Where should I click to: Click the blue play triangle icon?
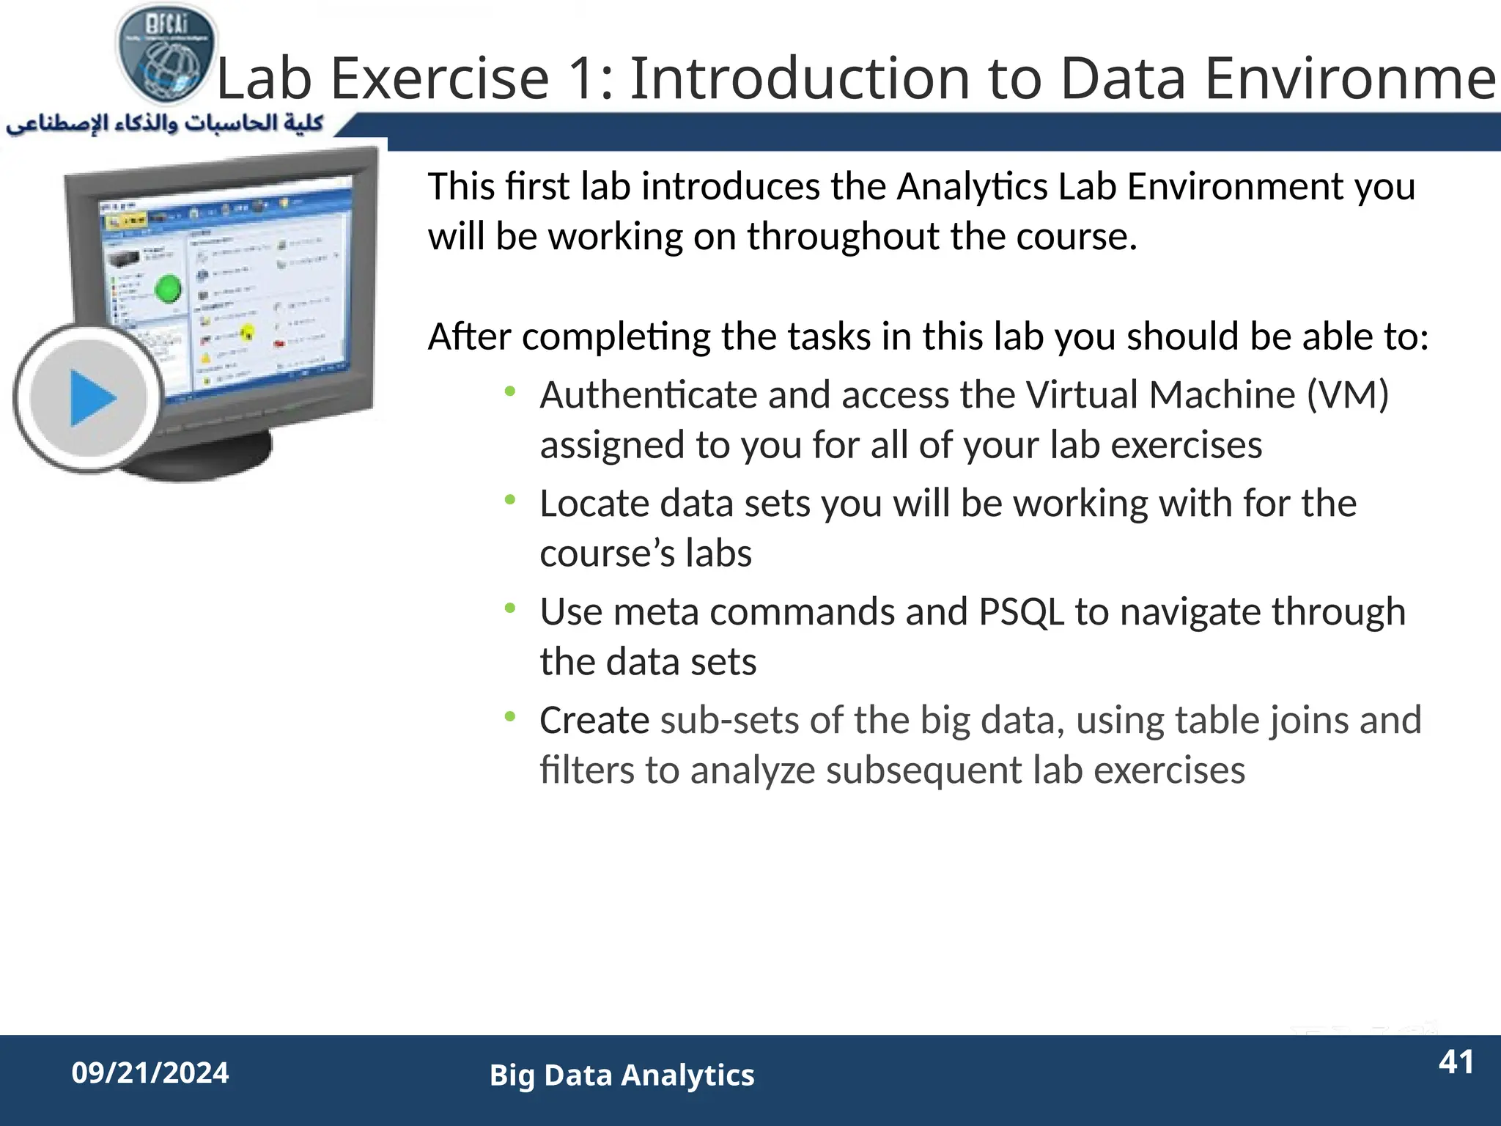[x=91, y=398]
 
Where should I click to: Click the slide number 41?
[x=1456, y=1062]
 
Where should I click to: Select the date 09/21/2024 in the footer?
[x=150, y=1073]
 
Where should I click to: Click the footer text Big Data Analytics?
[x=622, y=1075]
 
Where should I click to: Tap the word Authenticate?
[x=648, y=395]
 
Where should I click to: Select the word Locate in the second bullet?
[x=594, y=504]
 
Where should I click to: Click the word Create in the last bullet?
[x=594, y=721]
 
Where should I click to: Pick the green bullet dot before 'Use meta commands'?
[x=510, y=608]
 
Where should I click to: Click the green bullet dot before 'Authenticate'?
[x=510, y=391]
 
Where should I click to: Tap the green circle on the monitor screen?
[x=169, y=288]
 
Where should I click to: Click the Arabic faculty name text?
[x=165, y=123]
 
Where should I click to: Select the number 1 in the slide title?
[x=585, y=78]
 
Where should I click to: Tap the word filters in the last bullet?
[x=587, y=770]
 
